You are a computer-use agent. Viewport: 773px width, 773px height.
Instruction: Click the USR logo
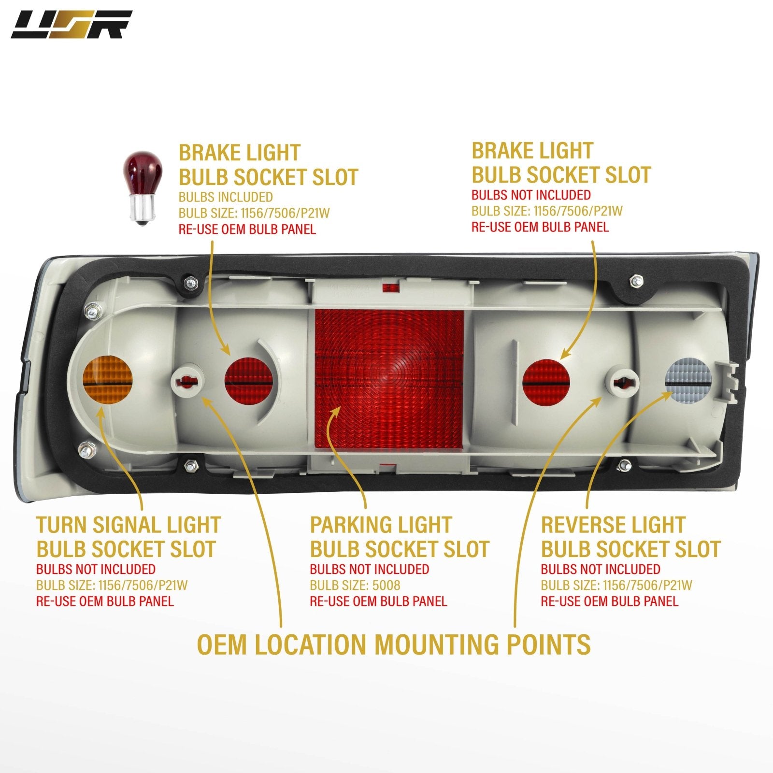pyautogui.click(x=72, y=25)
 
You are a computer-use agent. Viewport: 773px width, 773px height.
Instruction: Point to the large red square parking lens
pyautogui.click(x=389, y=379)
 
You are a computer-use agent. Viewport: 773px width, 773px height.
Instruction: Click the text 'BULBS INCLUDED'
pyautogui.click(x=226, y=197)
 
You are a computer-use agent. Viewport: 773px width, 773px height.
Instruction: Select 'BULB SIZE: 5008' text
pyautogui.click(x=355, y=586)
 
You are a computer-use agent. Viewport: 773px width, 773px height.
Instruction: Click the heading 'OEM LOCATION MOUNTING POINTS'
pyautogui.click(x=394, y=644)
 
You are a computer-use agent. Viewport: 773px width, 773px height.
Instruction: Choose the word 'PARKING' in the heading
pyautogui.click(x=352, y=525)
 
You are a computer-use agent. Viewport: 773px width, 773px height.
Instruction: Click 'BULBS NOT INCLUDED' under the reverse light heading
pyautogui.click(x=601, y=569)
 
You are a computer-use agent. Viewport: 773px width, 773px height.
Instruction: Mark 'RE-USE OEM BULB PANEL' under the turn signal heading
pyautogui.click(x=105, y=601)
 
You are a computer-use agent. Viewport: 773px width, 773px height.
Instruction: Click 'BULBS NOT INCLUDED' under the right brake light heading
pyautogui.click(x=531, y=195)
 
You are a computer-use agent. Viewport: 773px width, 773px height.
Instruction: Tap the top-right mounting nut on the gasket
pyautogui.click(x=636, y=280)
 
